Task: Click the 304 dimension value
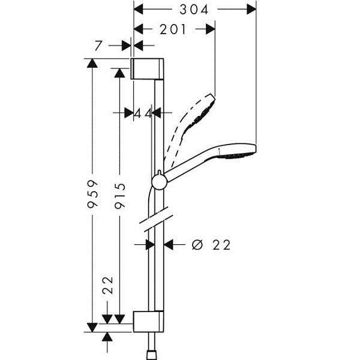(x=194, y=10)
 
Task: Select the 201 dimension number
(x=173, y=29)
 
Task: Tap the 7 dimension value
(x=98, y=46)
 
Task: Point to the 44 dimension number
(x=143, y=113)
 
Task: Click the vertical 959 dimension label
(x=93, y=194)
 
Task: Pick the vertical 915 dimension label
(x=120, y=196)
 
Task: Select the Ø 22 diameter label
(x=211, y=245)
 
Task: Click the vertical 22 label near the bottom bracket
(x=108, y=285)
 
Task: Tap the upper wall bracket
(x=147, y=68)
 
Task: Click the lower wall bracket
(x=149, y=322)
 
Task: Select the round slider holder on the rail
(x=158, y=182)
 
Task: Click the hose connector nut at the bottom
(x=152, y=355)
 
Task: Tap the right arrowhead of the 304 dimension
(x=251, y=10)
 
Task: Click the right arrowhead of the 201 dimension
(x=211, y=29)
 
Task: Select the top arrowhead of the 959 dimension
(x=92, y=63)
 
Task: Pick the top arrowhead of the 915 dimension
(x=119, y=73)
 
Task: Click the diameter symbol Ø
(x=197, y=245)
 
